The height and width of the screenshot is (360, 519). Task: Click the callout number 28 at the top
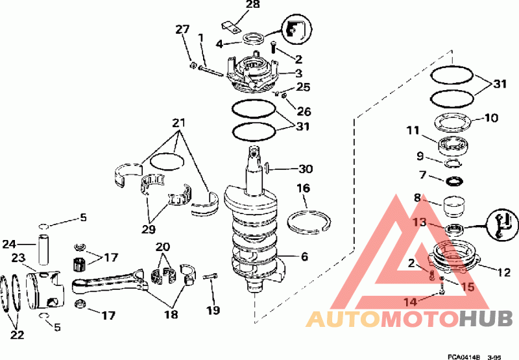253,5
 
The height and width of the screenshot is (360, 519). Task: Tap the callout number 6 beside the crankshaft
304,256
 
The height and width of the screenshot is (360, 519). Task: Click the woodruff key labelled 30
267,168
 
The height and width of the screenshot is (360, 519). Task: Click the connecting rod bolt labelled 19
211,276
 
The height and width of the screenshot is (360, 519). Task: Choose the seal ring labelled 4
254,38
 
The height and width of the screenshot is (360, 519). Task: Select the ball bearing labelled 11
453,145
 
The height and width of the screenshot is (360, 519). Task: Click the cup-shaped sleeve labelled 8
453,206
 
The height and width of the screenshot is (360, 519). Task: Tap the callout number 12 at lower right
503,272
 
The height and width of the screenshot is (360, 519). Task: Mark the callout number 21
179,123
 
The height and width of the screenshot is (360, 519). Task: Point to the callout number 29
149,229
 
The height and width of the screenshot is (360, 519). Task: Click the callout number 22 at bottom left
18,335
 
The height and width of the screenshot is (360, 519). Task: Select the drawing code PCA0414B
463,357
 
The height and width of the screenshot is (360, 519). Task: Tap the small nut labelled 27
193,66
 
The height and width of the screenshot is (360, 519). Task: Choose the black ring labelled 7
453,181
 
